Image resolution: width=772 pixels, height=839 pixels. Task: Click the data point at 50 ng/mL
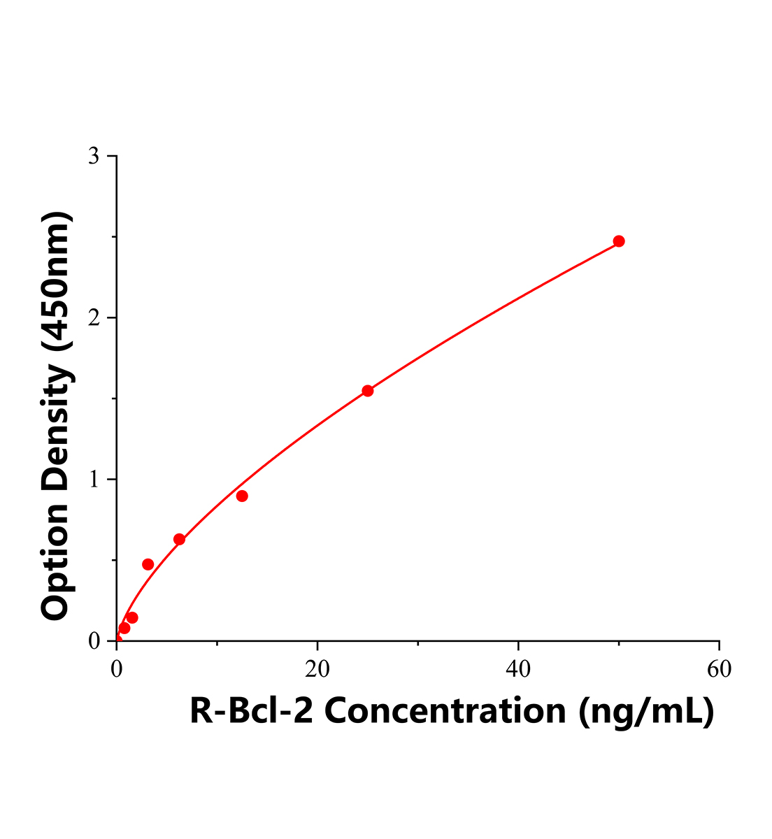[x=619, y=241]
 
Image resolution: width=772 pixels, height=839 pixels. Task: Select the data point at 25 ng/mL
[x=368, y=391]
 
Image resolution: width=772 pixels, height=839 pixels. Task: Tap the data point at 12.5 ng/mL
[x=242, y=496]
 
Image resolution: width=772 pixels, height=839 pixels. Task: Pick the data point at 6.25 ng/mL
[x=179, y=539]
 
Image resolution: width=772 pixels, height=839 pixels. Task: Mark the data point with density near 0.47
[x=148, y=564]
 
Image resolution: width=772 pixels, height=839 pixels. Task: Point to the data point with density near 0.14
[x=132, y=617]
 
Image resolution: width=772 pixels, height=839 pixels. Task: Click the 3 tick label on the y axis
[x=94, y=157]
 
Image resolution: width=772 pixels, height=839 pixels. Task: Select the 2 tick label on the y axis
[x=94, y=318]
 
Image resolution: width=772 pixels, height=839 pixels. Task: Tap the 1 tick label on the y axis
[x=94, y=480]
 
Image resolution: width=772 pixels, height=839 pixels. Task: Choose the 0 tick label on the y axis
[x=94, y=641]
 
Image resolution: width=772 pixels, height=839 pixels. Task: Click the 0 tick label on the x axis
[x=117, y=670]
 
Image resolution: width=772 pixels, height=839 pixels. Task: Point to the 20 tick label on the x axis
[x=317, y=670]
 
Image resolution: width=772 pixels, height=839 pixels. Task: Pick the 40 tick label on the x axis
[x=518, y=670]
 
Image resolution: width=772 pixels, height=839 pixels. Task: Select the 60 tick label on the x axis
[x=719, y=670]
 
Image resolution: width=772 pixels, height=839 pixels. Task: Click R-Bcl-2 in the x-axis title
[x=252, y=712]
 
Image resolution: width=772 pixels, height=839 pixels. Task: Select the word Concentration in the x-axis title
[x=445, y=712]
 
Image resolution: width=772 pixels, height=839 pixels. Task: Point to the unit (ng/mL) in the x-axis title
[x=646, y=712]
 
